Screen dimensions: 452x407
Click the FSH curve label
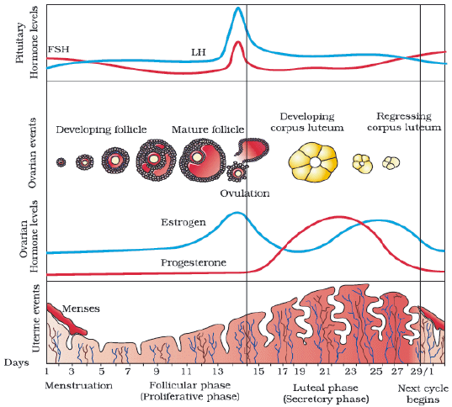pos(59,49)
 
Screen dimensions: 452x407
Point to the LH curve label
pos(199,52)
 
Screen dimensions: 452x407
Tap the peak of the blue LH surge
pos(238,8)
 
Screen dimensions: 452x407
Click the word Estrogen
pos(183,222)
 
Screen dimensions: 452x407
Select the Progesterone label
pos(194,262)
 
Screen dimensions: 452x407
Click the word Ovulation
pos(245,193)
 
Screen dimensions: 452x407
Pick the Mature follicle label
pos(208,129)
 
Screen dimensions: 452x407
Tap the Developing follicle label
pos(101,129)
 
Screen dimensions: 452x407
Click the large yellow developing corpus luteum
pos(313,162)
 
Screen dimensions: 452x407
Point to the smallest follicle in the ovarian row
pos(61,162)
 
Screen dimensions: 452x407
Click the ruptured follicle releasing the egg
pos(253,150)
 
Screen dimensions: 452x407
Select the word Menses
pos(81,309)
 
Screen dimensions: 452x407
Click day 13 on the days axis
pos(218,372)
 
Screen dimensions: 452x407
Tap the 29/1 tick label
pos(422,372)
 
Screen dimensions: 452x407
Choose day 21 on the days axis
pos(325,372)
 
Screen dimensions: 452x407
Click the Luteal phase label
pos(326,388)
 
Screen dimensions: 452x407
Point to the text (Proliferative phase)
pos(190,397)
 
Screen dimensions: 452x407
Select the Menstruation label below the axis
pos(78,385)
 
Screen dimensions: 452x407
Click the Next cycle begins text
pos(423,394)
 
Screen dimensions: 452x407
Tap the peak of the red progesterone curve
pos(338,217)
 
